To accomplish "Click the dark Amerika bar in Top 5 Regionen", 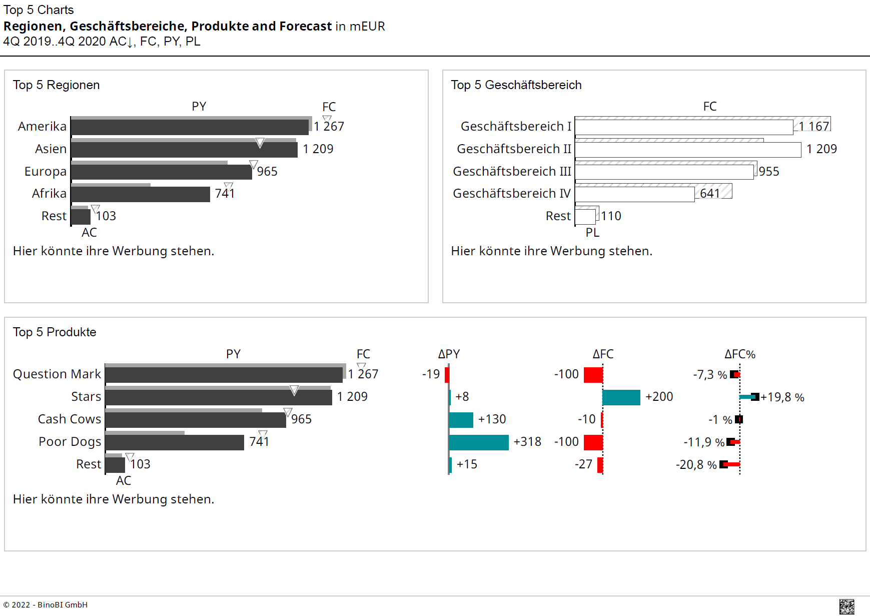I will tap(190, 127).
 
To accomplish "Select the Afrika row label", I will tap(49, 194).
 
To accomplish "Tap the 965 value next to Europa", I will tap(267, 172).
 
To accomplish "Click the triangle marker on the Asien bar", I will tap(260, 143).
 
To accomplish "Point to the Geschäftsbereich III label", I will tap(511, 172).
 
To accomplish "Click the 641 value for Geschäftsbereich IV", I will tap(710, 194).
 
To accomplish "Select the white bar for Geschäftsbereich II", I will tap(688, 150).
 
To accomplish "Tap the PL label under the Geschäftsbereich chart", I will tap(592, 233).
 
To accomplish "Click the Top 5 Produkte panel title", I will tap(55, 332).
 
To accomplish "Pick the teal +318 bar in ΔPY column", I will tap(479, 442).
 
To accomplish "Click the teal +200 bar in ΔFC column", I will tap(621, 397).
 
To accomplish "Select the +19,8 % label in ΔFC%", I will tap(782, 397).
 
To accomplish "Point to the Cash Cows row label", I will tap(70, 419).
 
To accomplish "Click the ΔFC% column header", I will tap(739, 354).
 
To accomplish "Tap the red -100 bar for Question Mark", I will tap(593, 375).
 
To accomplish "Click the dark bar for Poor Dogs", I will tap(175, 443).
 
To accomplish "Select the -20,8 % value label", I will tap(696, 465).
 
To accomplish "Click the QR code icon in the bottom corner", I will tap(846, 606).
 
